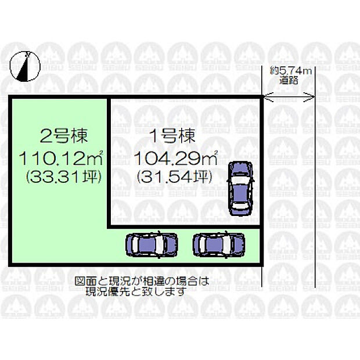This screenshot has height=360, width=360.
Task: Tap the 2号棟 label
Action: tap(64, 136)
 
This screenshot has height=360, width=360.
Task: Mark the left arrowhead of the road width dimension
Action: tap(266, 96)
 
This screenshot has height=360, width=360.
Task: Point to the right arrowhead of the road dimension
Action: tap(314, 96)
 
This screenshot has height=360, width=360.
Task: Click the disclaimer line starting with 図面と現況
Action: tap(141, 282)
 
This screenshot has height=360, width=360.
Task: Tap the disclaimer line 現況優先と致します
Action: tap(141, 291)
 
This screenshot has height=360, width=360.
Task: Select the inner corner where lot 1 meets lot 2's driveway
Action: tap(109, 225)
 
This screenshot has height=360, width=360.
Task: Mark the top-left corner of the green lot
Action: tap(10, 98)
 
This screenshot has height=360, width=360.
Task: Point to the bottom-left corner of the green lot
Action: tap(10, 268)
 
